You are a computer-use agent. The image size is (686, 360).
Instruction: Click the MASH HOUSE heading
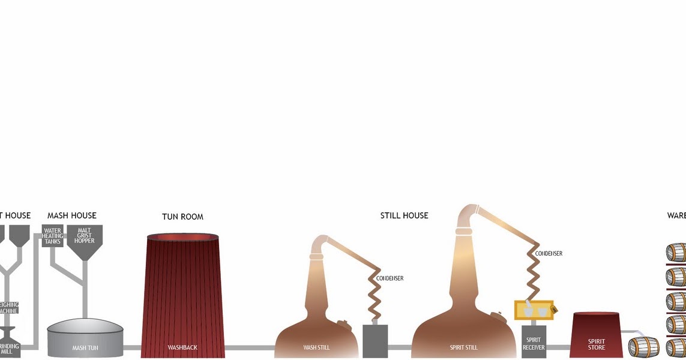click(x=71, y=215)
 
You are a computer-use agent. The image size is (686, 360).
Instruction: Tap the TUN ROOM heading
click(x=182, y=217)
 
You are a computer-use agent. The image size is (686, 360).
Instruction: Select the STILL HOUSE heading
click(x=404, y=215)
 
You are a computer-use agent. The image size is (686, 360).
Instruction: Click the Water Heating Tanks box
click(x=53, y=236)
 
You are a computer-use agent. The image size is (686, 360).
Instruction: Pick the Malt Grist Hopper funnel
click(x=85, y=239)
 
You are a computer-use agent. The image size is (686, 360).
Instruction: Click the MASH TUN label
click(x=85, y=347)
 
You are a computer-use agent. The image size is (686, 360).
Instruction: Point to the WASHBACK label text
click(x=182, y=347)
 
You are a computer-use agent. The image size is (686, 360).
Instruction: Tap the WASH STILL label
click(x=316, y=347)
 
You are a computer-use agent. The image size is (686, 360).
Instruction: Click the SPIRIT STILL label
click(x=463, y=347)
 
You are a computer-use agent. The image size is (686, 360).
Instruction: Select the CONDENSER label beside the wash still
click(x=390, y=278)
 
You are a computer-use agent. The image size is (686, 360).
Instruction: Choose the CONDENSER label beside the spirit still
click(x=549, y=254)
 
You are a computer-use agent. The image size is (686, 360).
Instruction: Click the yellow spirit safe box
click(x=534, y=310)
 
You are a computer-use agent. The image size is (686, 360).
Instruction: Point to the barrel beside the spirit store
click(x=643, y=347)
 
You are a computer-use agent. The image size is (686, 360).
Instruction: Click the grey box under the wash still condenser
click(x=375, y=341)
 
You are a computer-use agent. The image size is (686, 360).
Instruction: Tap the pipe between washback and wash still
click(x=250, y=347)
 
